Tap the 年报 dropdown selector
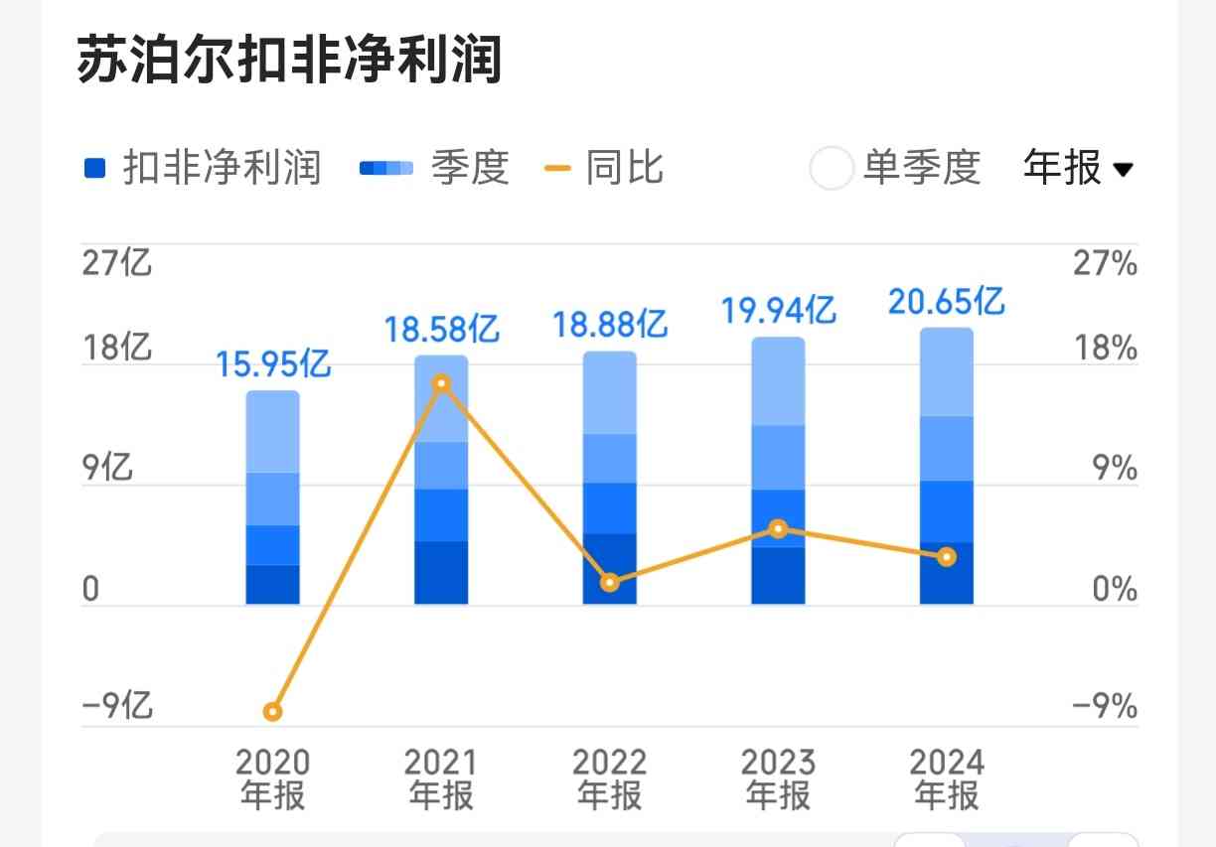pos(1078,168)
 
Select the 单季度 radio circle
pos(832,168)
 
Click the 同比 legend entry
pos(605,168)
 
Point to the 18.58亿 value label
pos(442,329)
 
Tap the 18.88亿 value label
pos(610,325)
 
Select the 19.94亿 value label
pos(779,311)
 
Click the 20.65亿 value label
pos(947,301)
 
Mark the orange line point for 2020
pos(273,711)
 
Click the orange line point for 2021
pos(442,383)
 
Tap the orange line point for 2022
pos(610,583)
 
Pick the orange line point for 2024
pos(947,557)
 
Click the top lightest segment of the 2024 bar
pos(947,372)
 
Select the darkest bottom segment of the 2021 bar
pos(442,572)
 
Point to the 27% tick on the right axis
pos(1105,264)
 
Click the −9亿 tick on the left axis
pos(117,706)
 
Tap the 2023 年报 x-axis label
pos(779,779)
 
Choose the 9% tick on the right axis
pos(1115,468)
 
